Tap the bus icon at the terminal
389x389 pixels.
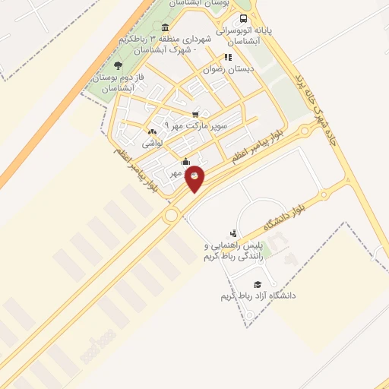(x=243, y=19)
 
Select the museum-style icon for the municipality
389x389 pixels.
(x=166, y=27)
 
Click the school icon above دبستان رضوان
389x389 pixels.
(x=227, y=57)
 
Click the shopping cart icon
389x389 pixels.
(x=196, y=115)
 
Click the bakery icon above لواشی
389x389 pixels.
(x=152, y=131)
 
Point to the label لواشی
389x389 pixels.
(x=152, y=142)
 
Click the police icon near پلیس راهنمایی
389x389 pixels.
(x=233, y=233)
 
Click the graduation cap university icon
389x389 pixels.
(x=289, y=283)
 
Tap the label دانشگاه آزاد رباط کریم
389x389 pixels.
(x=258, y=294)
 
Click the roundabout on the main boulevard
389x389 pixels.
(x=170, y=215)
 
